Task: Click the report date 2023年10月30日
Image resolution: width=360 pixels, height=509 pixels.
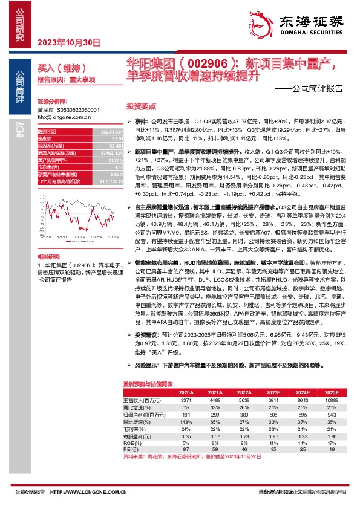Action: tap(68, 42)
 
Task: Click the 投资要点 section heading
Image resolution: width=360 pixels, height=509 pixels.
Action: tap(139, 105)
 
